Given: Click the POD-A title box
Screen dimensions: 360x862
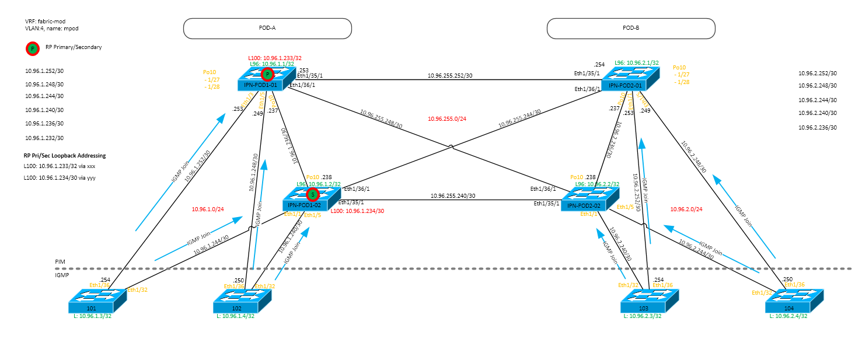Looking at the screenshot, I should [267, 28].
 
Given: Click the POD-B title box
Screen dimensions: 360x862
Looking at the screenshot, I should [630, 28].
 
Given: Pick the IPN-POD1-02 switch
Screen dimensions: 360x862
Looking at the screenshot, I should [310, 198].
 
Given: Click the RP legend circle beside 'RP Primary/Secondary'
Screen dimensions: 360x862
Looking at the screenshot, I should [33, 48].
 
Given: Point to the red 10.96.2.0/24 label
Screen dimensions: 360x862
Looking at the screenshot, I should [686, 209].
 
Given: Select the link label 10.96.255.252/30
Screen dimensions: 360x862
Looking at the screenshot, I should [449, 76].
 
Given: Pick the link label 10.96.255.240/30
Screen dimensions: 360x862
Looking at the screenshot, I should [453, 196].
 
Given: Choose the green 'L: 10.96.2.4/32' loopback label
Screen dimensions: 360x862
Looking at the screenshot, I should [788, 316].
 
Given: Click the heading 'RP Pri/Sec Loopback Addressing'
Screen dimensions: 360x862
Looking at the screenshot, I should [64, 156].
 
